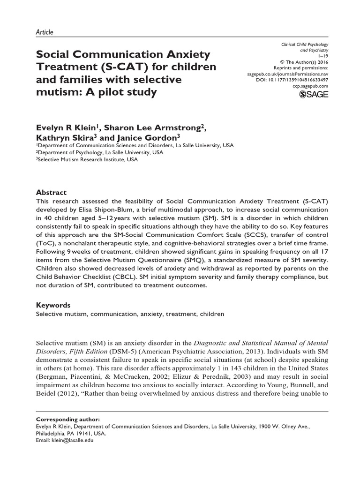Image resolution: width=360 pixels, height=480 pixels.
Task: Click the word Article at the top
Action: [45, 32]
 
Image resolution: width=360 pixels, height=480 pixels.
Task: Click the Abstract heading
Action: [52, 193]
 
